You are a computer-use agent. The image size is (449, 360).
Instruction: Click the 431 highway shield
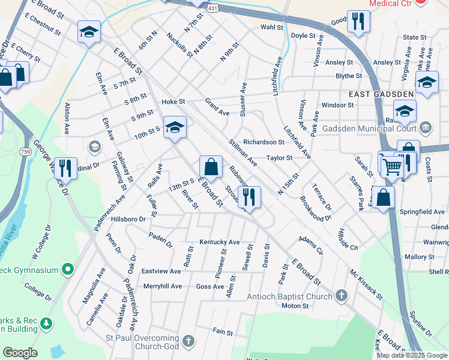click(x=213, y=8)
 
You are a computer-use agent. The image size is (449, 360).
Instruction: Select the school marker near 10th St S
click(x=175, y=128)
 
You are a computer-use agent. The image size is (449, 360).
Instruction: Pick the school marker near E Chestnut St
click(x=89, y=32)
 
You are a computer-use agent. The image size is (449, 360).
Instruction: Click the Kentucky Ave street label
click(x=220, y=242)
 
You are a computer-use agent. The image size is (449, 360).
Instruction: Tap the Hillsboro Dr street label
click(x=128, y=220)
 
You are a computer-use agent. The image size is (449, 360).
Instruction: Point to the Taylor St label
click(x=279, y=158)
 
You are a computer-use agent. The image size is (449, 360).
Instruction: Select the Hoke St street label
click(x=173, y=102)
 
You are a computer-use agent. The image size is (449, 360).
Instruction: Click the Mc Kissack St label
click(x=366, y=284)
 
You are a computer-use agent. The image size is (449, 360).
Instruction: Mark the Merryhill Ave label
click(x=162, y=286)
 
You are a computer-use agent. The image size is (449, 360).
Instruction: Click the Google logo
click(x=20, y=353)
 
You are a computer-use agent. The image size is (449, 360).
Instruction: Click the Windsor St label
click(x=337, y=105)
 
